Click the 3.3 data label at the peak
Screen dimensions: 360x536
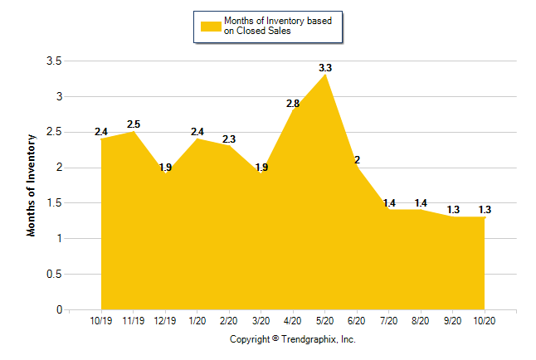tap(325, 67)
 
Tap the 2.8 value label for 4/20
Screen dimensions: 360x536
tap(293, 104)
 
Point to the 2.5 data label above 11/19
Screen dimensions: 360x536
tap(134, 124)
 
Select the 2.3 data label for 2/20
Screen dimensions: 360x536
tap(229, 139)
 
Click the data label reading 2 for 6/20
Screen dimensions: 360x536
tap(357, 160)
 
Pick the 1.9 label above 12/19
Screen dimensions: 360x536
tap(165, 168)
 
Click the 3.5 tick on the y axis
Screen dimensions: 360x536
tap(54, 61)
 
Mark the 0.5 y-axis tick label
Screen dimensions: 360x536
tap(54, 275)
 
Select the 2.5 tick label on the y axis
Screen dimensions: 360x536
tap(54, 133)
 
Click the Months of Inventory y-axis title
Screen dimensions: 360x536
tap(32, 185)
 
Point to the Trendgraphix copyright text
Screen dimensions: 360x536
tap(292, 339)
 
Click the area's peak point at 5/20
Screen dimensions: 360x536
tap(325, 75)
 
